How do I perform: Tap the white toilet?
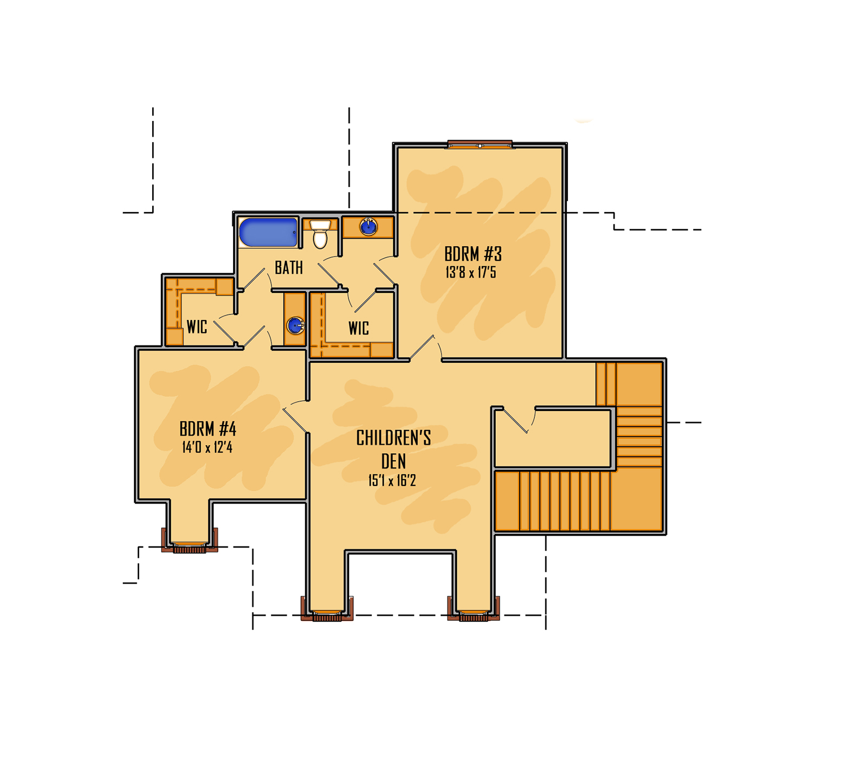click(x=320, y=234)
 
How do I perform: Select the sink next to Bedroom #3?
click(x=368, y=227)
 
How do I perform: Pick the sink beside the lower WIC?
click(x=295, y=325)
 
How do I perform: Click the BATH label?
click(x=289, y=267)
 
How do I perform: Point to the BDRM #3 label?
click(x=473, y=254)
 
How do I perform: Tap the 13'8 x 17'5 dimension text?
click(x=471, y=272)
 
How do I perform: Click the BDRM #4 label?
click(x=208, y=429)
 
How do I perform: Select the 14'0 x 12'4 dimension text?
click(x=208, y=447)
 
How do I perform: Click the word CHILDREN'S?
click(x=393, y=438)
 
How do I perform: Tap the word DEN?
click(x=393, y=461)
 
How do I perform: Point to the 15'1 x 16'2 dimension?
click(x=392, y=480)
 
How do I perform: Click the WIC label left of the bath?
click(x=197, y=326)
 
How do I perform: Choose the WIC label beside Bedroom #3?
click(x=359, y=328)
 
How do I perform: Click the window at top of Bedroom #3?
click(x=480, y=144)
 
